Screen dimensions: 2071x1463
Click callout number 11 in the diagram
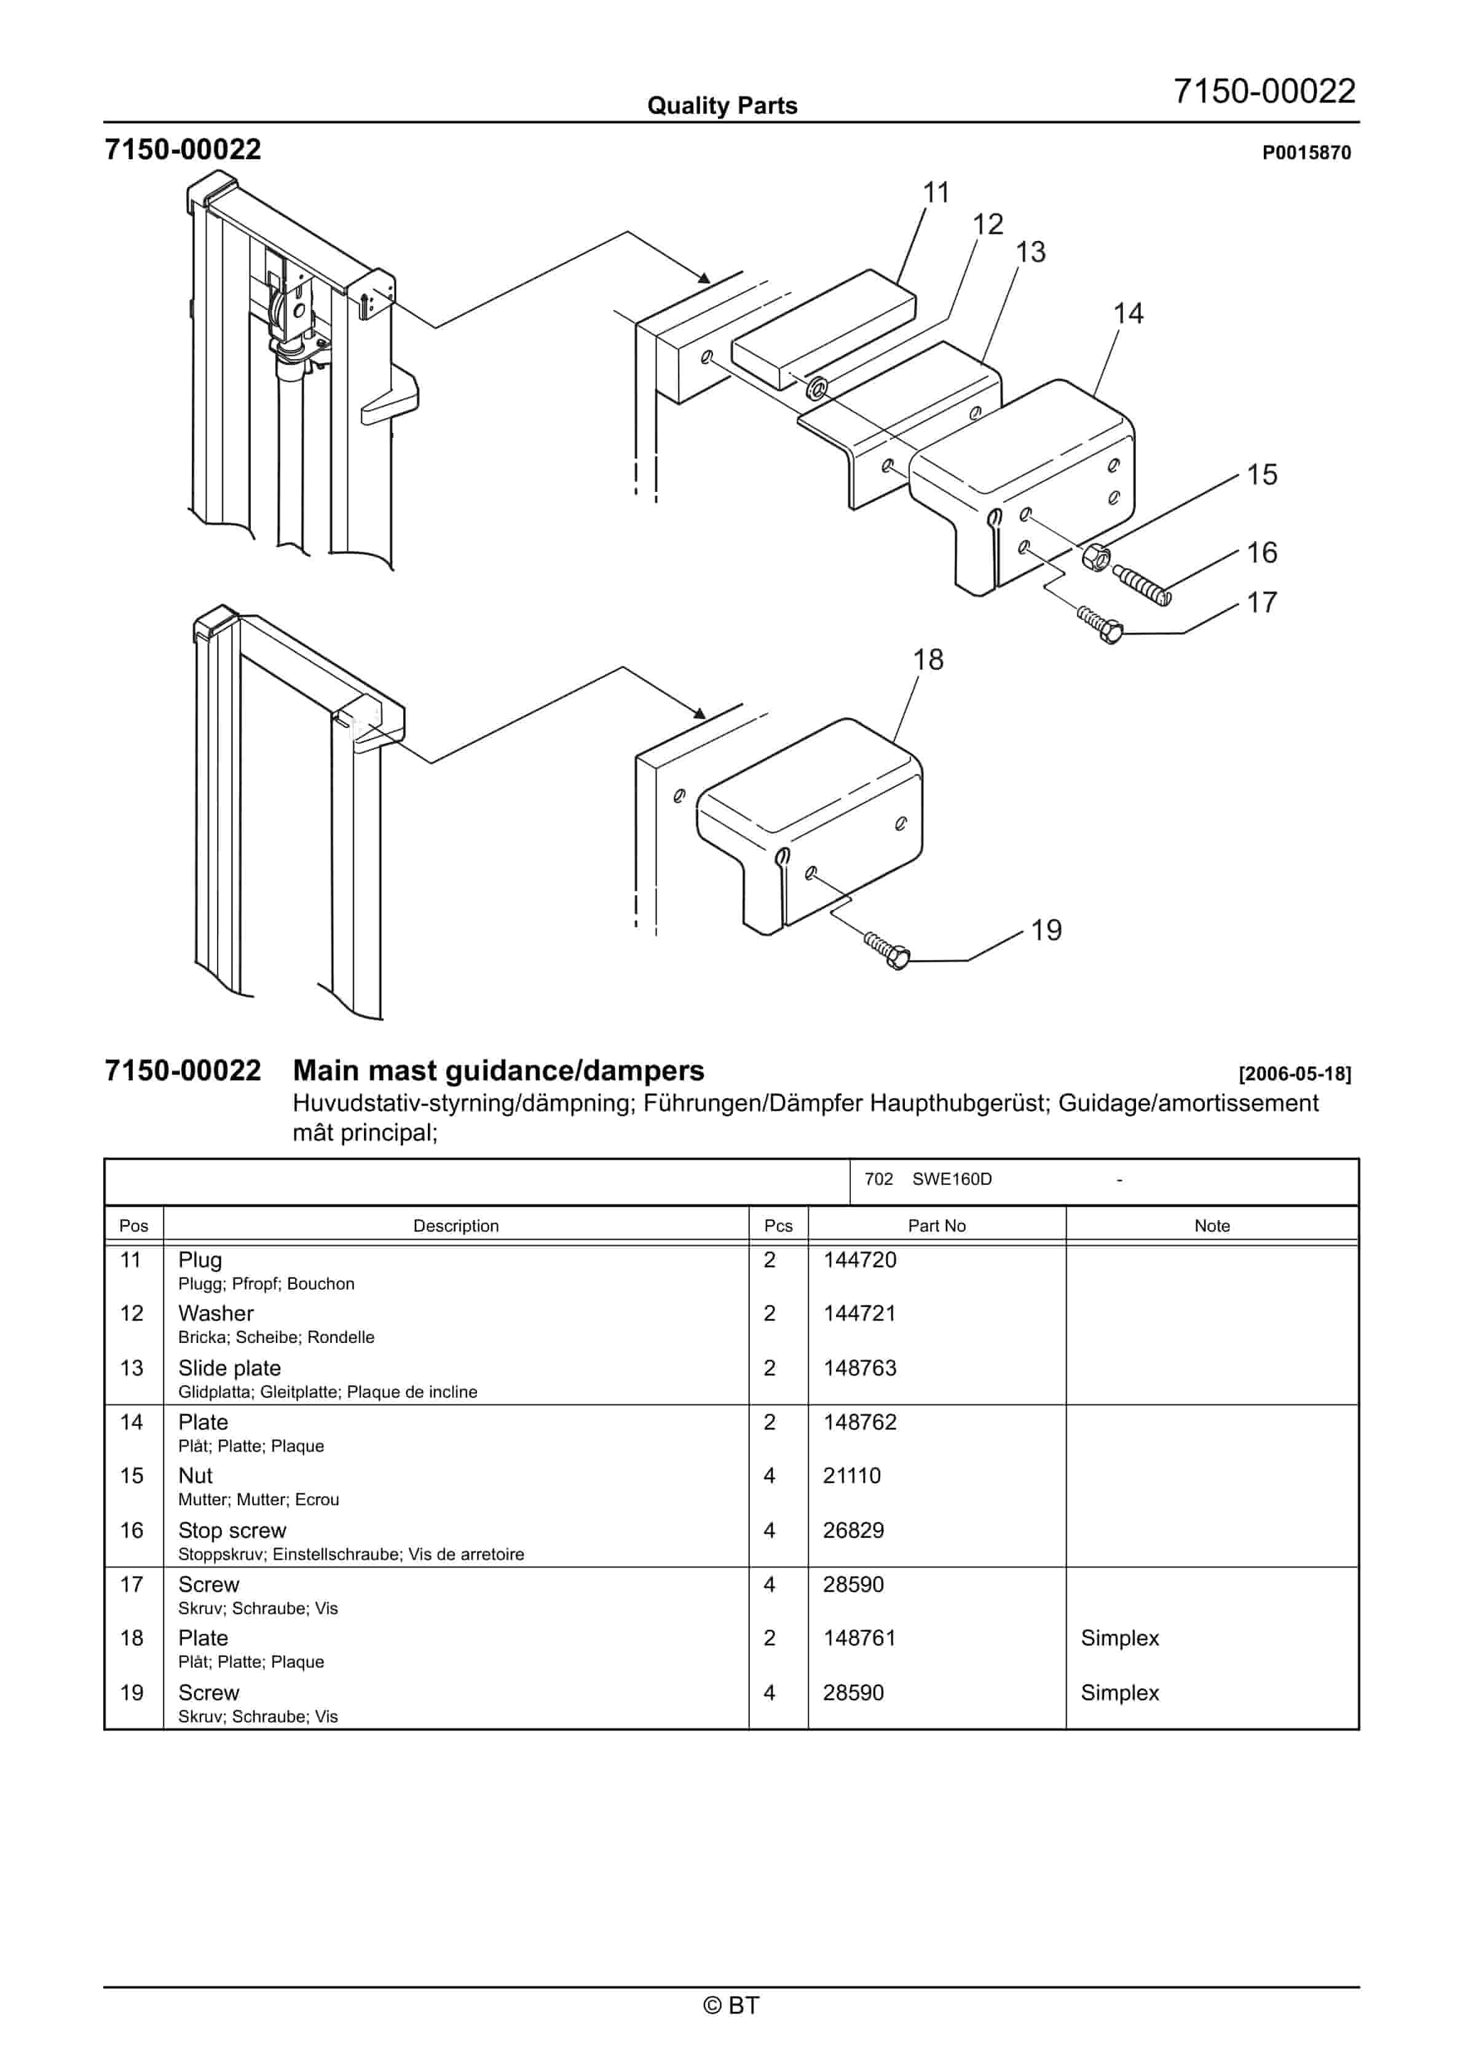pyautogui.click(x=936, y=193)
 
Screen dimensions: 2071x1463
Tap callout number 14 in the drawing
pyautogui.click(x=1127, y=314)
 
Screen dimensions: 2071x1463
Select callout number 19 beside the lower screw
pyautogui.click(x=1046, y=930)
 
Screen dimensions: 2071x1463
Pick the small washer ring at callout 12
pyautogui.click(x=817, y=389)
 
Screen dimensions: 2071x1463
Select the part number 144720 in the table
pyautogui.click(x=859, y=1260)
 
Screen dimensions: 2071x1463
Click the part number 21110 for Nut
pyautogui.click(x=851, y=1476)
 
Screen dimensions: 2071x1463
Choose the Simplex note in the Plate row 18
pyautogui.click(x=1119, y=1638)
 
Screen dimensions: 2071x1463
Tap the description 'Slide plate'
pyautogui.click(x=229, y=1368)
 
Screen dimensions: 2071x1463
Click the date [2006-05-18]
pyautogui.click(x=1295, y=1074)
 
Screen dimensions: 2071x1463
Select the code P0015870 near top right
pyautogui.click(x=1305, y=153)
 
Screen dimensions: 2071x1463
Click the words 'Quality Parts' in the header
pyautogui.click(x=722, y=106)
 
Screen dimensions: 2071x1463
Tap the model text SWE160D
pyautogui.click(x=952, y=1179)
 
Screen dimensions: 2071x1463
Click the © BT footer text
pyautogui.click(x=731, y=2005)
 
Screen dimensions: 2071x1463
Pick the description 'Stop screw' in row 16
pyautogui.click(x=232, y=1530)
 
